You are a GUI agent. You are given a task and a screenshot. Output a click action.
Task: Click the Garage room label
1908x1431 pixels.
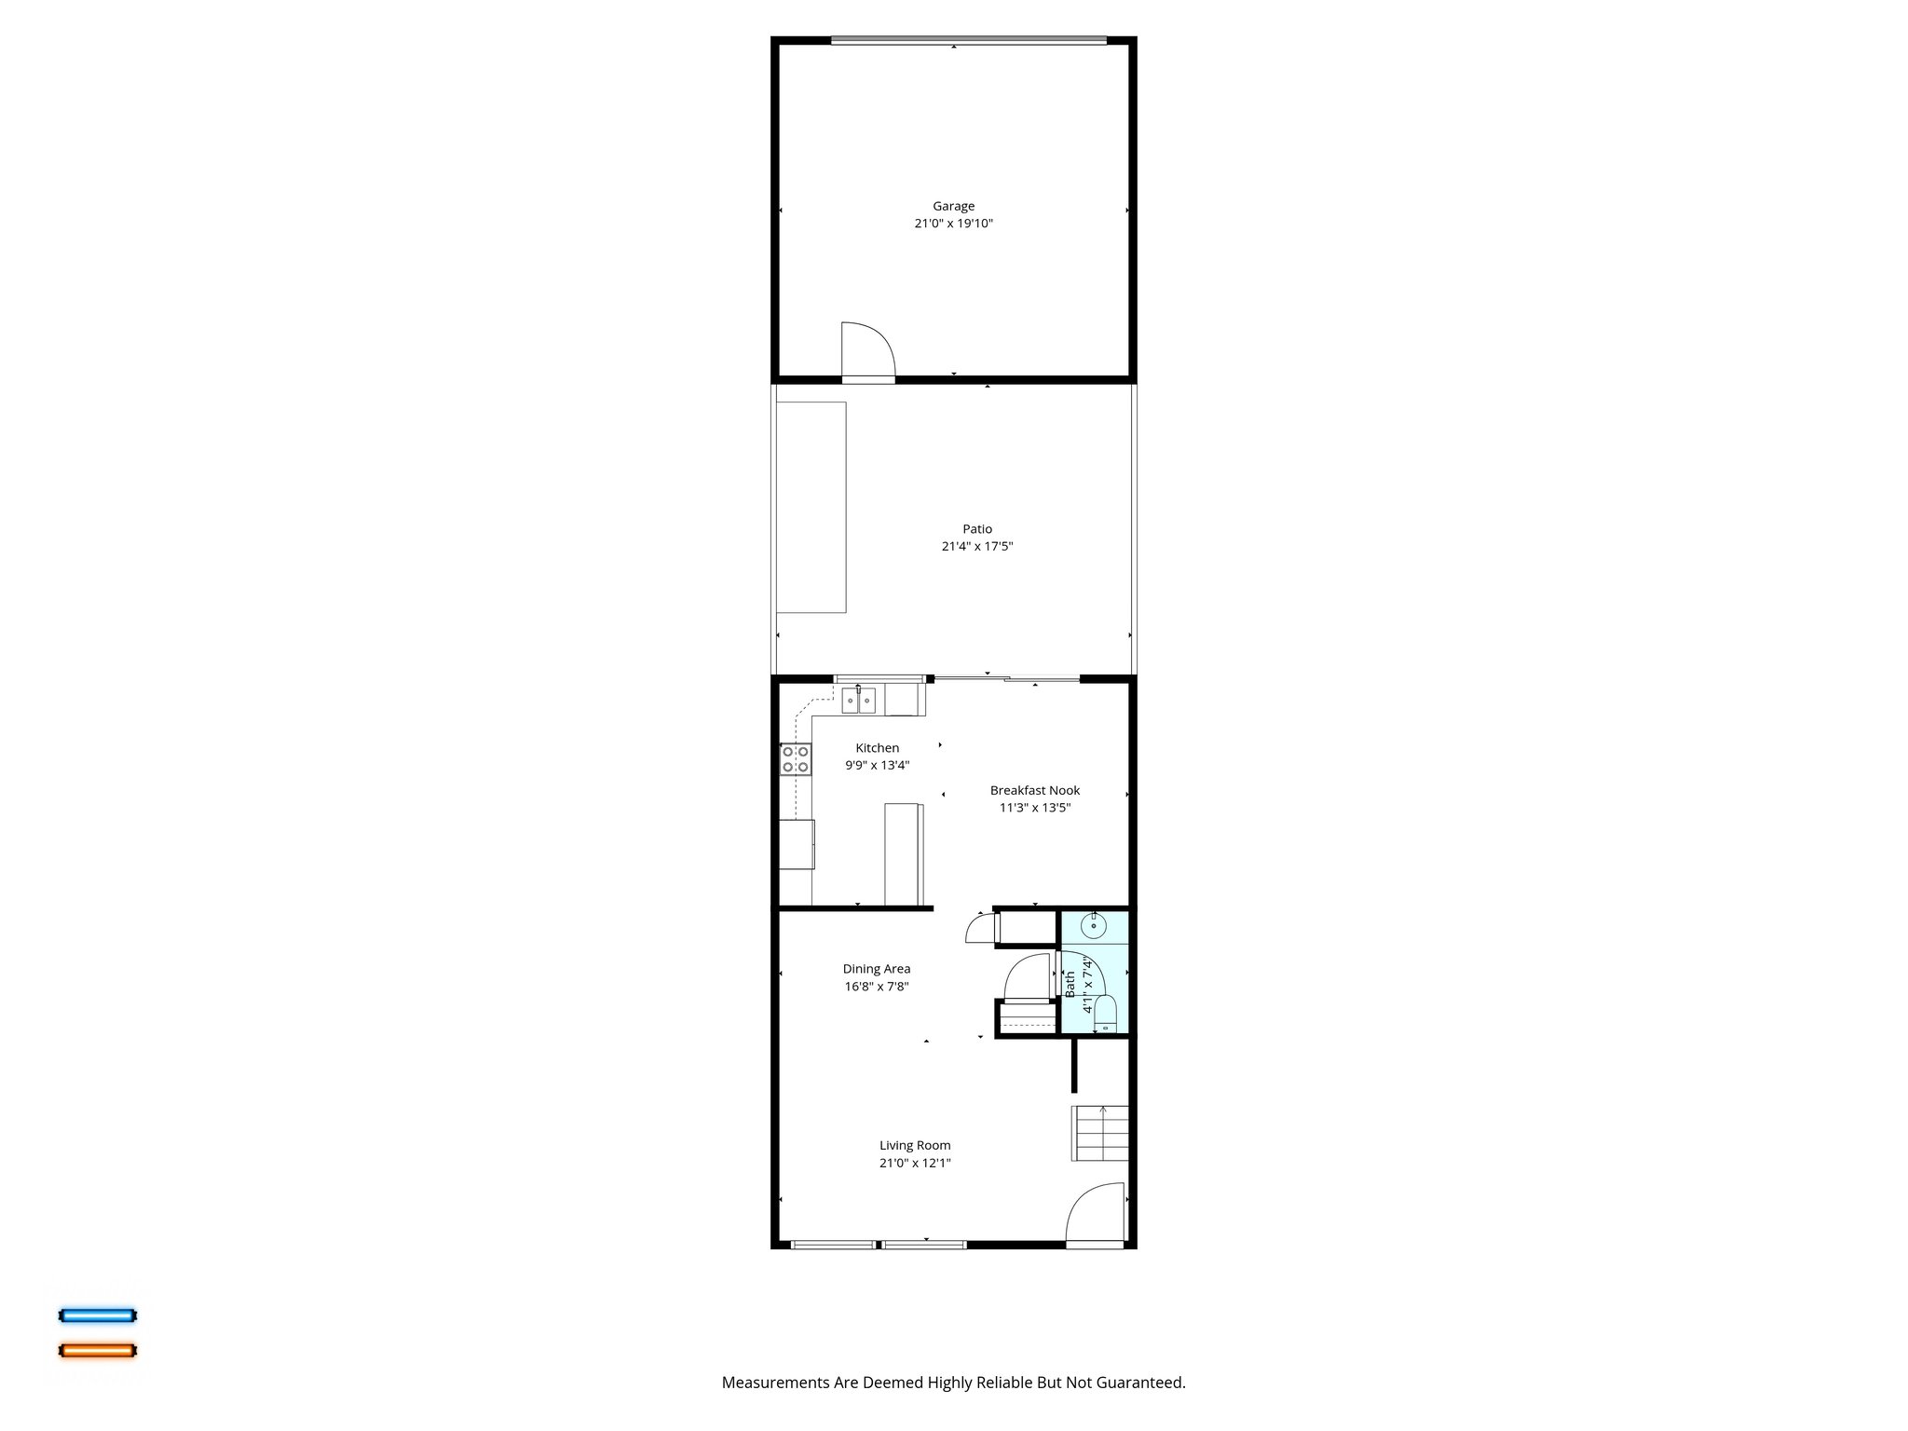pos(953,206)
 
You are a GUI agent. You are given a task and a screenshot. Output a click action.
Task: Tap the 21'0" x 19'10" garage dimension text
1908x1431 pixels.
pos(953,224)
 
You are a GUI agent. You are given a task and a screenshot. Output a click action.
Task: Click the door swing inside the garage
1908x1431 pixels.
pos(866,350)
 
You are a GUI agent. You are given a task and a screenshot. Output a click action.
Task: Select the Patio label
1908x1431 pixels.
pos(977,529)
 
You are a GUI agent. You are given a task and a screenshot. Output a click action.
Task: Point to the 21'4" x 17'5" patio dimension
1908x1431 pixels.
pos(977,547)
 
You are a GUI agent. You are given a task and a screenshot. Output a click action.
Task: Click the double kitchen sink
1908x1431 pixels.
pos(859,700)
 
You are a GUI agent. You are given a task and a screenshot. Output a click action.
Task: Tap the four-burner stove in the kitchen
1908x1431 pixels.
pos(796,759)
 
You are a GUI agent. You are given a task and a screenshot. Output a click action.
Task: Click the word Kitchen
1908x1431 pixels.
pos(878,748)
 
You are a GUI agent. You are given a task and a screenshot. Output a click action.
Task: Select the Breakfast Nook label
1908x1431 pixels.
pos(1035,790)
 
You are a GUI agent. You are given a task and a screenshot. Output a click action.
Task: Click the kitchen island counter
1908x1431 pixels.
pos(904,853)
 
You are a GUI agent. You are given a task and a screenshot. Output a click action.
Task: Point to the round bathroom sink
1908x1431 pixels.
pos(1094,927)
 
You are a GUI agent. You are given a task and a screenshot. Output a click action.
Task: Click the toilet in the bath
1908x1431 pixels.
pos(1105,1014)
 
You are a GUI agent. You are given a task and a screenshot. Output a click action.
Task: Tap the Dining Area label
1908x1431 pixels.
pos(877,969)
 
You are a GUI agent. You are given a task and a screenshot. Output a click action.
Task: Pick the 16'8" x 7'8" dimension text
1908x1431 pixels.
pos(877,987)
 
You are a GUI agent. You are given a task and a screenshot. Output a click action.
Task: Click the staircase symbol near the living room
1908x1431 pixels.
pos(1100,1132)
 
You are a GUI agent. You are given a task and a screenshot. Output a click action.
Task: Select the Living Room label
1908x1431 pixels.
pos(915,1146)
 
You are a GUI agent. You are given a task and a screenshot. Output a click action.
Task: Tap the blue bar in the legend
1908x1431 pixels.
pos(98,1315)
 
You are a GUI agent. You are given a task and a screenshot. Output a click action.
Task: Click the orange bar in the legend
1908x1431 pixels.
pos(98,1350)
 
